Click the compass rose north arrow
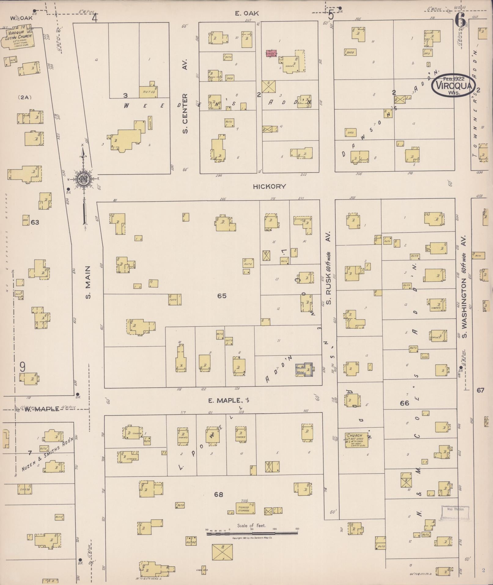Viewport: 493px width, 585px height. tap(83, 179)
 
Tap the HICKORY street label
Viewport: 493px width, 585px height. tap(269, 186)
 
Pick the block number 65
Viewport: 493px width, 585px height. tap(222, 296)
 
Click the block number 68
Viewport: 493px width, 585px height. tap(219, 494)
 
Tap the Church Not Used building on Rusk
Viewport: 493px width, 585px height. tap(357, 440)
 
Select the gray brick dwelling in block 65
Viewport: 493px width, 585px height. tap(304, 369)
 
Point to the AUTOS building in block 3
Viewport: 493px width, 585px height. tap(149, 91)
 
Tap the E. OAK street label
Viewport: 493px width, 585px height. tap(247, 13)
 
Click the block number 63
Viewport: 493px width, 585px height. tap(35, 222)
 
